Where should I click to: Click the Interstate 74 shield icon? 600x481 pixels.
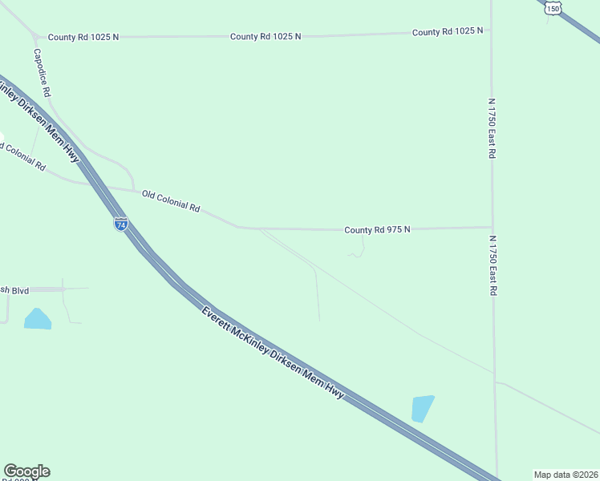tap(120, 224)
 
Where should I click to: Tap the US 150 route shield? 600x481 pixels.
tap(553, 7)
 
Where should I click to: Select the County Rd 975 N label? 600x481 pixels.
tap(377, 230)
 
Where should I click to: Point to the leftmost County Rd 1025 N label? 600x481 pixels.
tap(83, 37)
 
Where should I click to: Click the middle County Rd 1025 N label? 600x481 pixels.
tap(266, 37)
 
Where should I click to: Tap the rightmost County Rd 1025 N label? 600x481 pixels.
tap(448, 32)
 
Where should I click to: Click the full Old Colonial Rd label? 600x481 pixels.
tap(171, 201)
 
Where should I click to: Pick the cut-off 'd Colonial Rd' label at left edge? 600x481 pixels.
tap(22, 156)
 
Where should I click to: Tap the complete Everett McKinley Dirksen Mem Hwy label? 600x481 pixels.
tap(273, 354)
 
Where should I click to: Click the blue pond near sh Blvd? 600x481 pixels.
tap(38, 319)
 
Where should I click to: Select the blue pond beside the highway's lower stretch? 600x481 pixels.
tap(421, 408)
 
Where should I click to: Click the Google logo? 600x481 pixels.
tap(26, 471)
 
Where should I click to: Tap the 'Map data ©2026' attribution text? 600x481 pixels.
tap(566, 475)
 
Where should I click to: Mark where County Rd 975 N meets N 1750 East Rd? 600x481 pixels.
tap(493, 227)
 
